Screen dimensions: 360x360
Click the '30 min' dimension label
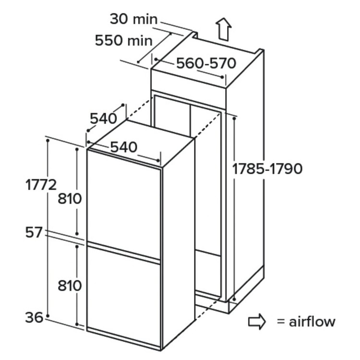pyautogui.click(x=133, y=19)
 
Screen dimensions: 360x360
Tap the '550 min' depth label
pyautogui.click(x=123, y=41)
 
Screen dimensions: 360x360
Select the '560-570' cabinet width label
pyautogui.click(x=206, y=63)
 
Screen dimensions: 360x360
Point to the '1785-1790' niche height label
pyautogui.click(x=267, y=169)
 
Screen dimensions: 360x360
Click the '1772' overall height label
pyautogui.click(x=41, y=185)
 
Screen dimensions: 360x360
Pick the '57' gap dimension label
pyautogui.click(x=34, y=232)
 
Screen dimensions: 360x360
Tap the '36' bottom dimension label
pyautogui.click(x=34, y=318)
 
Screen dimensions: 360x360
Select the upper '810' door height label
pyautogui.click(x=70, y=199)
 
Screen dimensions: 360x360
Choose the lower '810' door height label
pyautogui.click(x=70, y=286)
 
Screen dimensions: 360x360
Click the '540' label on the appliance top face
pyautogui.click(x=124, y=147)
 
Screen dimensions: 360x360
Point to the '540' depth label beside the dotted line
pyautogui.click(x=103, y=119)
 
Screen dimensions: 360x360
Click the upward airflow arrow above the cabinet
pyautogui.click(x=223, y=29)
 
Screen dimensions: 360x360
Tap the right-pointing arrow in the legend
pyautogui.click(x=257, y=322)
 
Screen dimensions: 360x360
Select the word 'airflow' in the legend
pyautogui.click(x=312, y=322)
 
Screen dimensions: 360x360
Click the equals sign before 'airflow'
pyautogui.click(x=281, y=322)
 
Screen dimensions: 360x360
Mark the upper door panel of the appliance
pyautogui.click(x=124, y=204)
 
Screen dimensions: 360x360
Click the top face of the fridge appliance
pyautogui.click(x=141, y=143)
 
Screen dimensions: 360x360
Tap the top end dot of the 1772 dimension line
pyautogui.click(x=48, y=140)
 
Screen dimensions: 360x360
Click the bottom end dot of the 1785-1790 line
pyautogui.click(x=234, y=300)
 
